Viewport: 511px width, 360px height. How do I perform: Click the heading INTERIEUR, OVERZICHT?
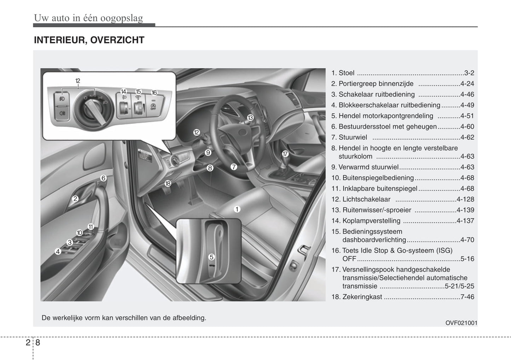[89, 40]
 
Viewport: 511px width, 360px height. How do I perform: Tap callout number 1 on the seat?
[237, 209]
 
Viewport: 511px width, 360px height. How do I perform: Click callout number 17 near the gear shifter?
[285, 154]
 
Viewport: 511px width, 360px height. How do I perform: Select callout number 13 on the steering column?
[250, 118]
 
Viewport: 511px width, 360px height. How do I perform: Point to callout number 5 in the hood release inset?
[211, 257]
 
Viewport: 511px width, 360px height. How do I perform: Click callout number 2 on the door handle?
[75, 199]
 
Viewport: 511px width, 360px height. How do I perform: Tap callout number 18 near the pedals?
[168, 183]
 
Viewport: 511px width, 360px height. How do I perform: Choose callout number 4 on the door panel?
[58, 252]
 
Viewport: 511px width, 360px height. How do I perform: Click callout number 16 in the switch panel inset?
[154, 93]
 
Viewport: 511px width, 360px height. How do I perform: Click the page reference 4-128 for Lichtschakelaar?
[465, 199]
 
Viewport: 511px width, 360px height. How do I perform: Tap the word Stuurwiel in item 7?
[353, 137]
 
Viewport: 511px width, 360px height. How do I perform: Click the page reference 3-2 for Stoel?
[469, 73]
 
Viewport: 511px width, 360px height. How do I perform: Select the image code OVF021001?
[461, 323]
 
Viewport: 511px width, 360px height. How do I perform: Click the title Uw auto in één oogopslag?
[88, 18]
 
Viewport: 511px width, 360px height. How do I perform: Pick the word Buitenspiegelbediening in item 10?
[378, 178]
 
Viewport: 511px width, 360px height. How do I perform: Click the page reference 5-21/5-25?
[459, 287]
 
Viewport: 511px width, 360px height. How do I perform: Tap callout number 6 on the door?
[103, 178]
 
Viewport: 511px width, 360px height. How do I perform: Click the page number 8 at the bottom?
[38, 343]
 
